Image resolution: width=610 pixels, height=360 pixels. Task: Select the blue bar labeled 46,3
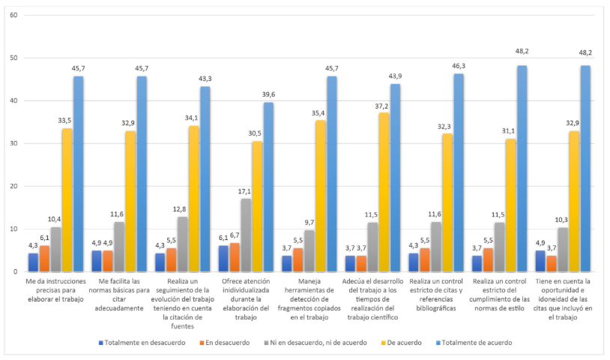point(459,172)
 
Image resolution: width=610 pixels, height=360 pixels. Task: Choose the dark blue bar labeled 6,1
point(223,258)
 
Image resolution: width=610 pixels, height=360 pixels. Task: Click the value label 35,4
point(320,113)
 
